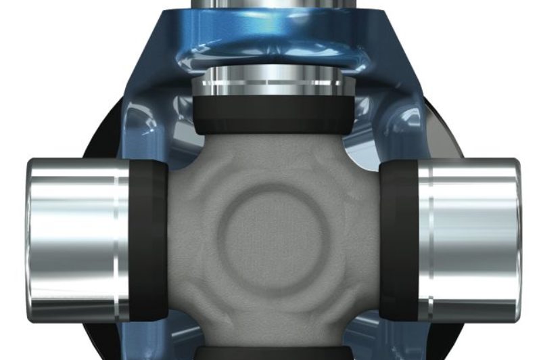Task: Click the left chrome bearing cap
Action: pos(74,240)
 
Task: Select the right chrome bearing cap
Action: pos(467,240)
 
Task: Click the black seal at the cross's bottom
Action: pos(270,353)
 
